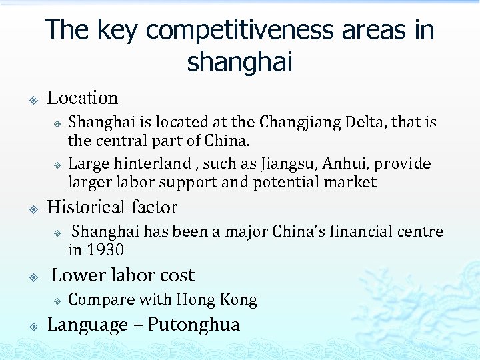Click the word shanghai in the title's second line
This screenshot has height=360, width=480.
(240, 62)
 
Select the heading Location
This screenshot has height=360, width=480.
(82, 98)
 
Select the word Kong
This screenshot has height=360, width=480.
(241, 300)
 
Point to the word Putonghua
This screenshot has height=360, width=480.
(193, 325)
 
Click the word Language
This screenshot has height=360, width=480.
(86, 325)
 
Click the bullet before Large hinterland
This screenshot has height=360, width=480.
(58, 165)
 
